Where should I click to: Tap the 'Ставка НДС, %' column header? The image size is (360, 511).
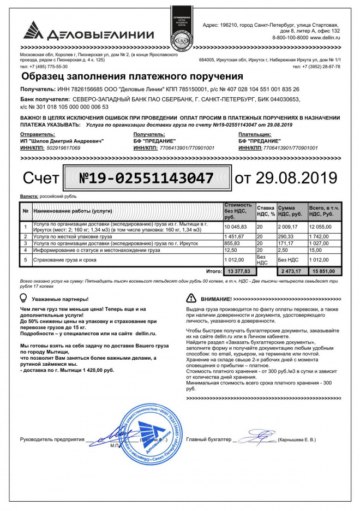coord(266,211)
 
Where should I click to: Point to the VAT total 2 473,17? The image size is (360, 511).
coord(290,271)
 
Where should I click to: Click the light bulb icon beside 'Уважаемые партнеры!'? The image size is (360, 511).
coord(23,298)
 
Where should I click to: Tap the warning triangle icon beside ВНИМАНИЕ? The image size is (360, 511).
coord(191,299)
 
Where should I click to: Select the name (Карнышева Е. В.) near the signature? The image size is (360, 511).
coord(296,439)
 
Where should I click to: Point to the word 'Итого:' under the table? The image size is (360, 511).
coord(214,271)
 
